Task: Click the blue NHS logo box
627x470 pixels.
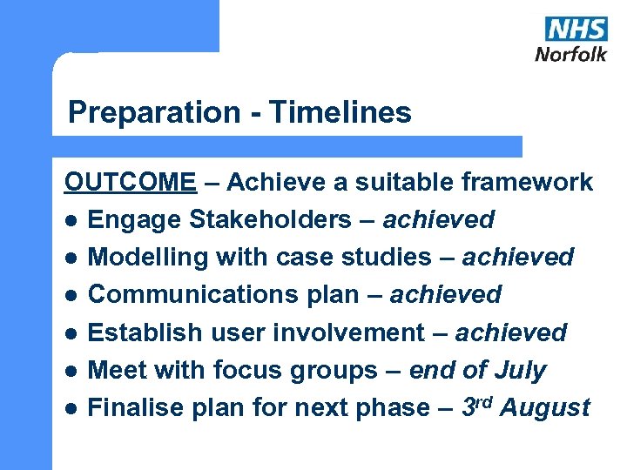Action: [x=576, y=28]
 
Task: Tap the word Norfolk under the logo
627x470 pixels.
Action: [x=570, y=53]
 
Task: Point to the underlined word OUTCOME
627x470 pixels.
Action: [x=131, y=182]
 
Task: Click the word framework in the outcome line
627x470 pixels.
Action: [x=527, y=182]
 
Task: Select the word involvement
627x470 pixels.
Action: [x=351, y=332]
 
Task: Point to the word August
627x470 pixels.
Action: [x=546, y=407]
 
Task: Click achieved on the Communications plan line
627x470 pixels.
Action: [x=446, y=294]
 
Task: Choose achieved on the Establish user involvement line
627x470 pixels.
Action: [x=511, y=332]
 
